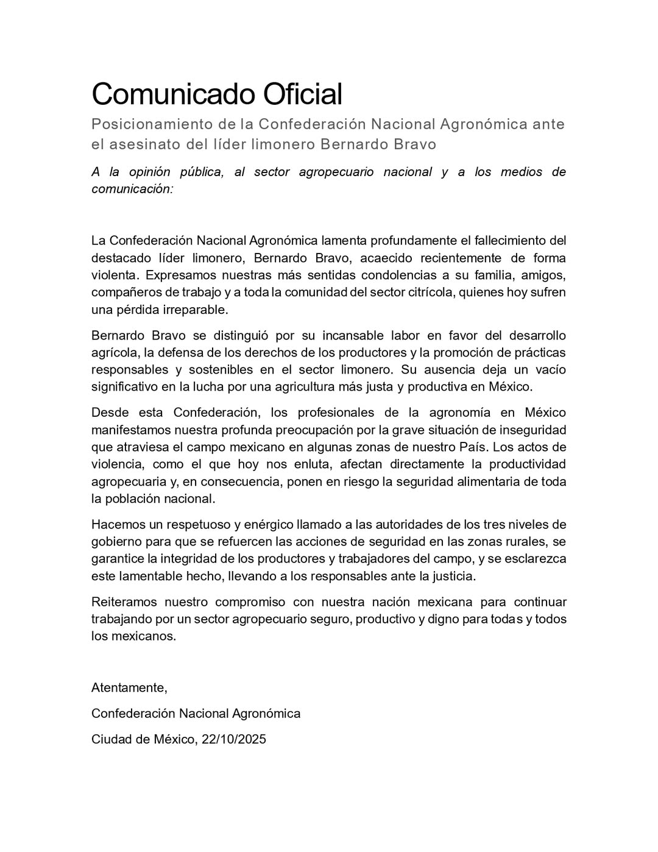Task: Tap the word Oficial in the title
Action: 302,94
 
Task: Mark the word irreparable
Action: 194,310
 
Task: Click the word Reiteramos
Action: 124,602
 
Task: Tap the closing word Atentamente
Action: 129,688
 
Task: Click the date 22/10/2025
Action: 234,739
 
